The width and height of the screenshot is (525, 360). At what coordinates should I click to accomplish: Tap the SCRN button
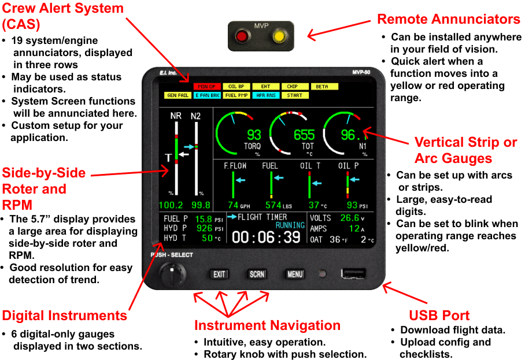pos(257,274)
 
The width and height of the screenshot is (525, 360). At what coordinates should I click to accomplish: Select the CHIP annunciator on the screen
pos(293,87)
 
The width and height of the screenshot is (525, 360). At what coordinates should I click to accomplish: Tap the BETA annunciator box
pos(322,87)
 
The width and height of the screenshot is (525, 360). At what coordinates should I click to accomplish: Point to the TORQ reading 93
pos(254,135)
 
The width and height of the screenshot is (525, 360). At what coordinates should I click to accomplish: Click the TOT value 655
pos(304,135)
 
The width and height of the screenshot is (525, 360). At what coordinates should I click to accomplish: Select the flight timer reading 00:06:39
pos(267,237)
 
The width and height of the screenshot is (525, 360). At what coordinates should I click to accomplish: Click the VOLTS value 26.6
pos(349,218)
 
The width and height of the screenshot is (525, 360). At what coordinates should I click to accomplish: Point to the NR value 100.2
pos(171,205)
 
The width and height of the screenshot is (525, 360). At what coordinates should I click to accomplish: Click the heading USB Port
pos(439,316)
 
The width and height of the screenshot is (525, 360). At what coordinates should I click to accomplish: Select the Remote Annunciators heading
pos(448,19)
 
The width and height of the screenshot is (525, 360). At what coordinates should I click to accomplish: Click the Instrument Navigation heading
pos(267,325)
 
